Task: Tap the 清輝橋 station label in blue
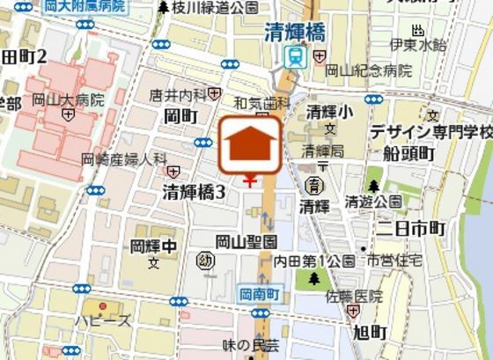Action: [300, 33]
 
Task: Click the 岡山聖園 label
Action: [246, 240]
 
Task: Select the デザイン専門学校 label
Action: [430, 132]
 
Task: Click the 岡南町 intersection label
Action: [260, 296]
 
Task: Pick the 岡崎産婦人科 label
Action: [123, 158]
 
